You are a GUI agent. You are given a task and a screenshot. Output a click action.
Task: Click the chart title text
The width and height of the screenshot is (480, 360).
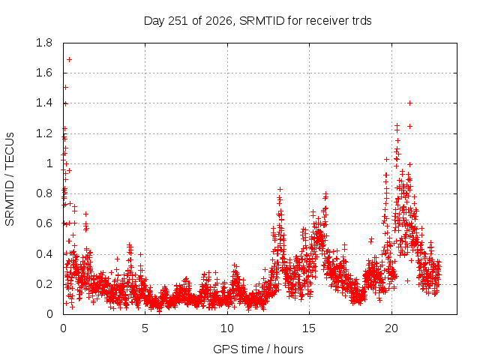pyautogui.click(x=257, y=21)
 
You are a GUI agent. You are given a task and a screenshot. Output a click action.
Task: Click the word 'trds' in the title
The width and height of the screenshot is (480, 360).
pyautogui.click(x=361, y=21)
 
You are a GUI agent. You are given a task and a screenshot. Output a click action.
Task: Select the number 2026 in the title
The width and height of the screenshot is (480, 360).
pyautogui.click(x=218, y=21)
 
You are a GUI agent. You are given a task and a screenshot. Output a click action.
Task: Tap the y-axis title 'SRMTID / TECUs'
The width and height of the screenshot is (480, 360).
pyautogui.click(x=10, y=179)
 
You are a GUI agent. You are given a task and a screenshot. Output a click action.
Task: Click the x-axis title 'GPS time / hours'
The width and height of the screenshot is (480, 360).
pyautogui.click(x=258, y=349)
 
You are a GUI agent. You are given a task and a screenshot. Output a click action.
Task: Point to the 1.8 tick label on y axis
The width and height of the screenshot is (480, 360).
pyautogui.click(x=44, y=43)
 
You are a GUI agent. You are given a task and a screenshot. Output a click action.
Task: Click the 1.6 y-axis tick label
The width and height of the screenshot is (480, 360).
pyautogui.click(x=44, y=73)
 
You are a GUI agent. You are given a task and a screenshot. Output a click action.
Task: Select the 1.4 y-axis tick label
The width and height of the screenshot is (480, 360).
pyautogui.click(x=44, y=103)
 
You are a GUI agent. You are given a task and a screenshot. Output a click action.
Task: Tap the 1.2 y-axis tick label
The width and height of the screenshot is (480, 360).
pyautogui.click(x=44, y=133)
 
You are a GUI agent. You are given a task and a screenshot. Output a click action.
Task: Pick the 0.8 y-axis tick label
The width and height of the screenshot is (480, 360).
pyautogui.click(x=44, y=193)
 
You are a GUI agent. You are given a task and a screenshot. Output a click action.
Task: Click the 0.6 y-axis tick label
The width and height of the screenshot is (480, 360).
pyautogui.click(x=44, y=223)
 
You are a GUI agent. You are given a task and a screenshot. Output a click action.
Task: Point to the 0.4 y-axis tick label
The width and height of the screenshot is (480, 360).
pyautogui.click(x=44, y=254)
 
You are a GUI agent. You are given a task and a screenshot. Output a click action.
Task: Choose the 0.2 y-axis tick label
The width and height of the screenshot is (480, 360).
pyautogui.click(x=44, y=284)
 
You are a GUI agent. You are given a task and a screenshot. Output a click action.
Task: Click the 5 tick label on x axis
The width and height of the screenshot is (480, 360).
pyautogui.click(x=145, y=328)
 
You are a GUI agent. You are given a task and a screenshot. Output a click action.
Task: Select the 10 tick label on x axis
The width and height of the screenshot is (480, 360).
pyautogui.click(x=226, y=328)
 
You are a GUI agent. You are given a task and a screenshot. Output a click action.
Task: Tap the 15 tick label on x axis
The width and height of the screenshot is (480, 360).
pyautogui.click(x=309, y=328)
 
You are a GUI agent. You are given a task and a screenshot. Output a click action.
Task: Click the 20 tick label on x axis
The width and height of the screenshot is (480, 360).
pyautogui.click(x=391, y=328)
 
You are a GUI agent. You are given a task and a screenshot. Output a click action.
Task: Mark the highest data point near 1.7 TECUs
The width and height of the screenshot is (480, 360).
pyautogui.click(x=70, y=59)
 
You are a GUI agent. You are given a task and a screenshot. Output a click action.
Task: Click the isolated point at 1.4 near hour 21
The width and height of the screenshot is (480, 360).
pyautogui.click(x=410, y=103)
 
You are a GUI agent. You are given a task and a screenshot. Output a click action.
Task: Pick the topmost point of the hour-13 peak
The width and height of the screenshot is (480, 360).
pyautogui.click(x=280, y=190)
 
